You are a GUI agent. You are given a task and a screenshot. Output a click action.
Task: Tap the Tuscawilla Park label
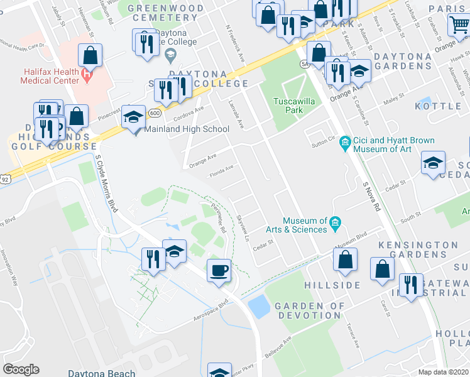click(x=288, y=106)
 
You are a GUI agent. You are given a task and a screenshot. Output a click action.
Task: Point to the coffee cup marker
click(x=219, y=271)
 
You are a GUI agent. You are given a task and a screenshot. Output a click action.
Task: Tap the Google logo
click(x=21, y=369)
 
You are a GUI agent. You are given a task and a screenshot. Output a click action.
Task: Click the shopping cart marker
click(x=460, y=26)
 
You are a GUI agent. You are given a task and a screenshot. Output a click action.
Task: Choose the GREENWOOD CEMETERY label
click(x=166, y=13)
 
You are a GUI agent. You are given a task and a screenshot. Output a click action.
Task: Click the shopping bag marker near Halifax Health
click(x=90, y=55)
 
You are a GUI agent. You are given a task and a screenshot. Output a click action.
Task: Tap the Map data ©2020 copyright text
click(x=444, y=372)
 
